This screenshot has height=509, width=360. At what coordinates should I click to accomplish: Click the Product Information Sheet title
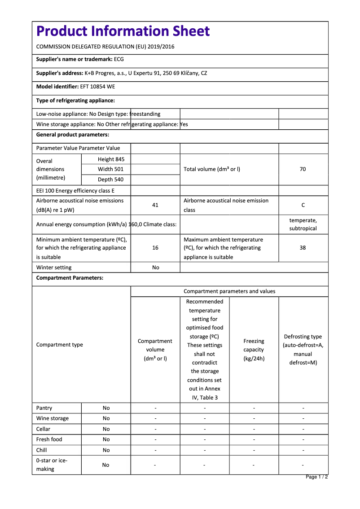pyautogui.click(x=123, y=31)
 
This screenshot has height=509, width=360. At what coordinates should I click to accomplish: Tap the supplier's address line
pyautogui.click(x=122, y=73)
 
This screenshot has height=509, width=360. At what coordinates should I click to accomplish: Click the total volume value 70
pyautogui.click(x=303, y=169)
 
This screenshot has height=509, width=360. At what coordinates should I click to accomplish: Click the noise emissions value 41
pyautogui.click(x=155, y=205)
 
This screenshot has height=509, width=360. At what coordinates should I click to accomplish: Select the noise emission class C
pyautogui.click(x=303, y=205)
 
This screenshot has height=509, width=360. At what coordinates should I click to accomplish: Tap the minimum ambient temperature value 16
pyautogui.click(x=155, y=248)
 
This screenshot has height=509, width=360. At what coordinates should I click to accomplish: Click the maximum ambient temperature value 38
pyautogui.click(x=303, y=248)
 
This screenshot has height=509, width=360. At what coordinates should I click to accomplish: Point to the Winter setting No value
pyautogui.click(x=155, y=268)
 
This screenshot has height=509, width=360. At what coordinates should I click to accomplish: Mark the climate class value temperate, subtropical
pyautogui.click(x=303, y=224)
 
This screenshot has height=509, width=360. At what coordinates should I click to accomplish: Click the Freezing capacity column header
pyautogui.click(x=254, y=350)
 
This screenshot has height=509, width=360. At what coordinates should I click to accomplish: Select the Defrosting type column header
pyautogui.click(x=303, y=350)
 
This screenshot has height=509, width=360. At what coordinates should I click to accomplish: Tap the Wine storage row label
pyautogui.click(x=53, y=418)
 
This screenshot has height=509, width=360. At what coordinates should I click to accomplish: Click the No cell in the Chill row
pyautogui.click(x=106, y=450)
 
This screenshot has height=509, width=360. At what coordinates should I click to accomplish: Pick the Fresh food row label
pyautogui.click(x=49, y=439)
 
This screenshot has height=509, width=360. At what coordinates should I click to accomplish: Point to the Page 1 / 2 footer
pyautogui.click(x=316, y=477)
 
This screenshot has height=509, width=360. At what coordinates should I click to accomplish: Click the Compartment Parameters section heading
pyautogui.click(x=70, y=278)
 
